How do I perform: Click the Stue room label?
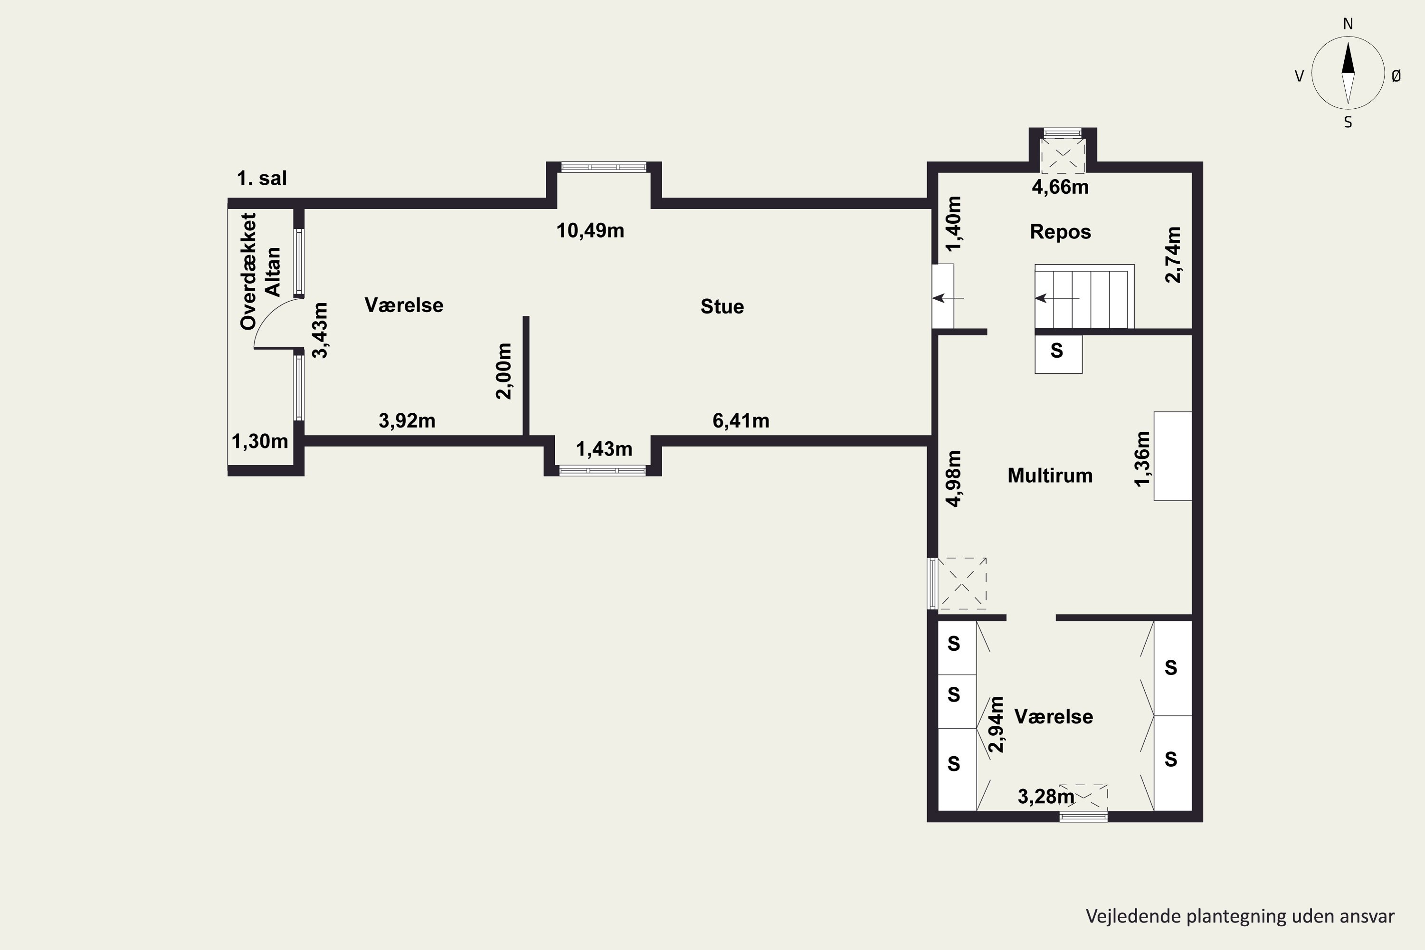pos(722,306)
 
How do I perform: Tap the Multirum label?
pos(1050,475)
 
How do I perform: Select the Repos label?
pos(1060,232)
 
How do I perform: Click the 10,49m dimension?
pos(590,231)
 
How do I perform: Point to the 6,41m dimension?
pos(741,420)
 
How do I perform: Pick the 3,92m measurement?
pos(407,420)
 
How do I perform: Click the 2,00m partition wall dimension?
pos(504,371)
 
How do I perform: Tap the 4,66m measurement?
pos(1060,187)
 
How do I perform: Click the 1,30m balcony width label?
pos(260,441)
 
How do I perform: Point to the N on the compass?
pos(1348,24)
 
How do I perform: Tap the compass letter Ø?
pos(1396,76)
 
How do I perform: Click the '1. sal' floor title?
pos(262,178)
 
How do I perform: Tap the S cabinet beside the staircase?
pos(1058,354)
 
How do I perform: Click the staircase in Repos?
pos(1084,297)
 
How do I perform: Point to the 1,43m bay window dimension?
pos(604,449)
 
